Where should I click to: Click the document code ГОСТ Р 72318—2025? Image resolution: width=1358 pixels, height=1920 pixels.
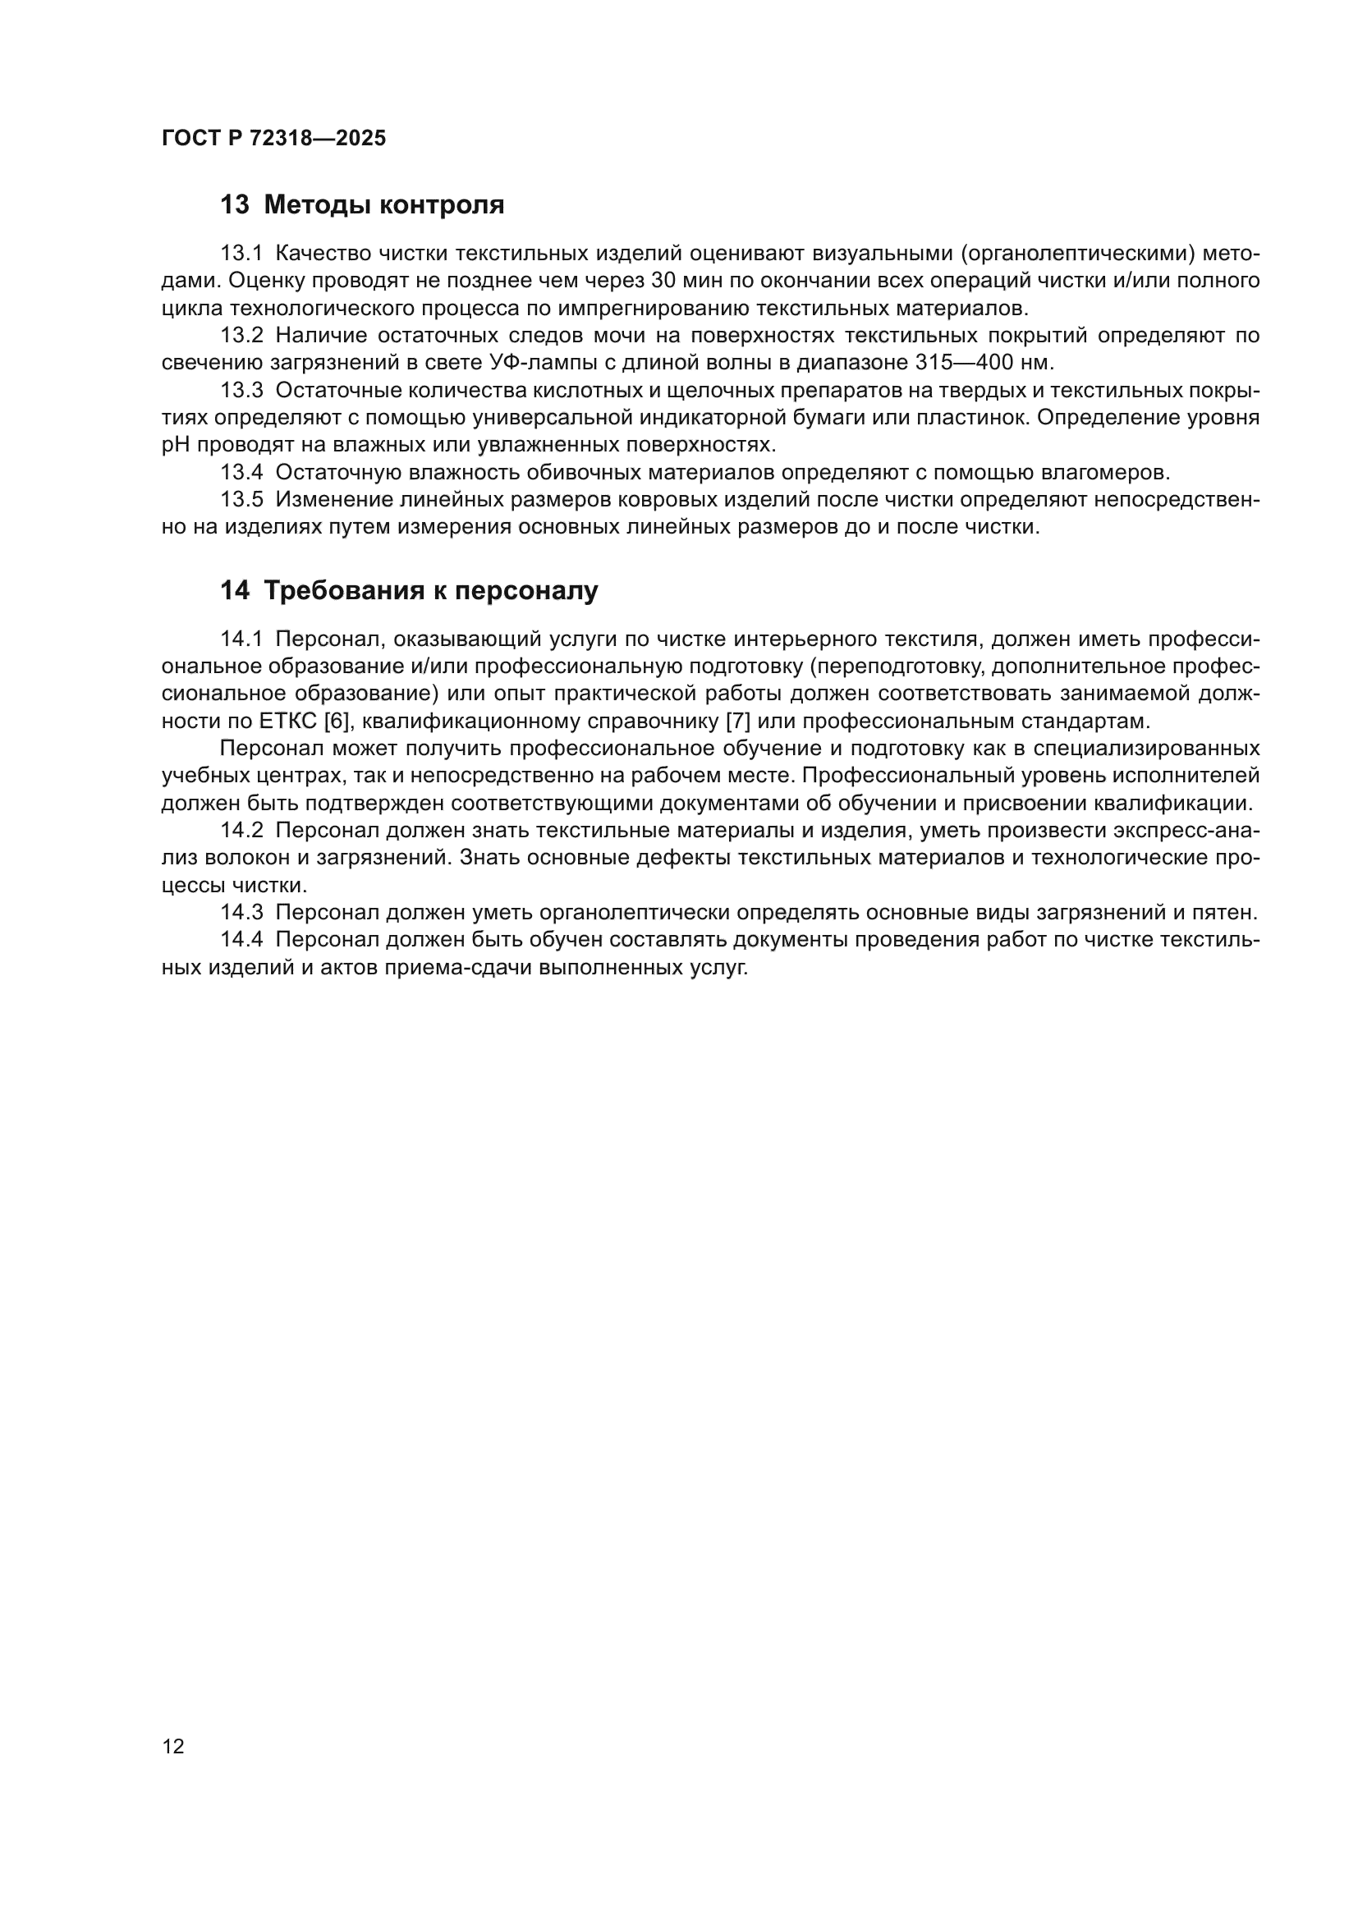(273, 139)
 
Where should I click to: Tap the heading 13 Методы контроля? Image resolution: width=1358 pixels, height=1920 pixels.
(362, 205)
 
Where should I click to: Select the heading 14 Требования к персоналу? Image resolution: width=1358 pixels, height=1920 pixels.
(409, 590)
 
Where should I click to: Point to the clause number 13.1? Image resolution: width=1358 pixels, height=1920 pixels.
(241, 254)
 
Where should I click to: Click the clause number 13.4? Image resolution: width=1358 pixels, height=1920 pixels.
(241, 474)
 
